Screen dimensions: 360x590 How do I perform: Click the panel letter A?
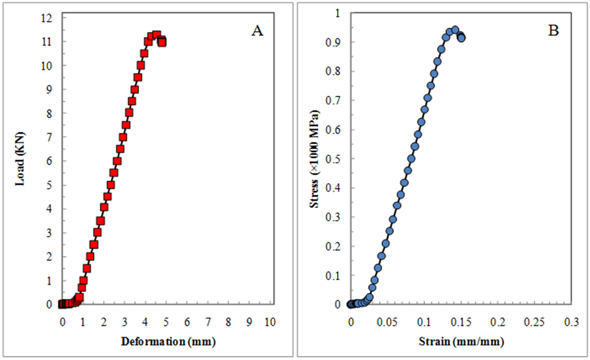(257, 32)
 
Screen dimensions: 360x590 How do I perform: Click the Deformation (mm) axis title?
(165, 341)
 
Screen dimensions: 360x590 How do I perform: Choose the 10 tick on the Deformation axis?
(270, 323)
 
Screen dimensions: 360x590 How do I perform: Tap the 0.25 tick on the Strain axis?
(535, 323)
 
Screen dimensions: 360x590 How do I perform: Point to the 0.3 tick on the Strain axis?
(571, 323)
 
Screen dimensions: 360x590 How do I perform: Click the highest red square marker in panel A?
(156, 36)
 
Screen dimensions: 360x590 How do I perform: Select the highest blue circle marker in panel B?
(455, 30)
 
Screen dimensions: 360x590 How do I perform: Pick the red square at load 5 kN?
(111, 185)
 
